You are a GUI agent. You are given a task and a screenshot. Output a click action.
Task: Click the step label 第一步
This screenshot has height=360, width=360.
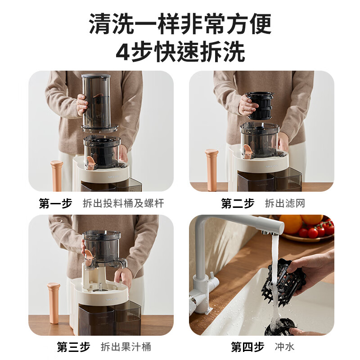click(x=55, y=203)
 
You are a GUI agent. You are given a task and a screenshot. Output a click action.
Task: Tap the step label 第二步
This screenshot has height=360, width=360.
click(x=238, y=203)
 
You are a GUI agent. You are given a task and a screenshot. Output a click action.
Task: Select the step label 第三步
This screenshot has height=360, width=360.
click(x=73, y=347)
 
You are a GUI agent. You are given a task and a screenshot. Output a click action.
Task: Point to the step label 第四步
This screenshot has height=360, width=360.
click(x=247, y=347)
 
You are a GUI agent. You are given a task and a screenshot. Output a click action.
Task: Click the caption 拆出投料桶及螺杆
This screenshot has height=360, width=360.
click(x=123, y=203)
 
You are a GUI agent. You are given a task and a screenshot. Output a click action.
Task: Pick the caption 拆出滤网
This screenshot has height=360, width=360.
click(x=285, y=203)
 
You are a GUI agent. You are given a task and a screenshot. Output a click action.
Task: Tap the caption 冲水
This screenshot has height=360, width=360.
click(x=284, y=347)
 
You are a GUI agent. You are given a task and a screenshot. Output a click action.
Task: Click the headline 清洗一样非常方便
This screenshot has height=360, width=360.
click(x=180, y=24)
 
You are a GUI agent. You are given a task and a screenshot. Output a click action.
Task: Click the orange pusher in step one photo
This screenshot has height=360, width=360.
click(x=57, y=175)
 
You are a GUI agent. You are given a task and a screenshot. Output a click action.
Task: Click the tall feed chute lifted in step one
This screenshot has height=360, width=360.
click(x=95, y=101)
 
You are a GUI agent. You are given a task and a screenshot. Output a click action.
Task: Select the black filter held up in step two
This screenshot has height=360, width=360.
click(x=260, y=106)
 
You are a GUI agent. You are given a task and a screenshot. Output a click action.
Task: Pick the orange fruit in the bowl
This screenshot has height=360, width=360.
click(x=290, y=223)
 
